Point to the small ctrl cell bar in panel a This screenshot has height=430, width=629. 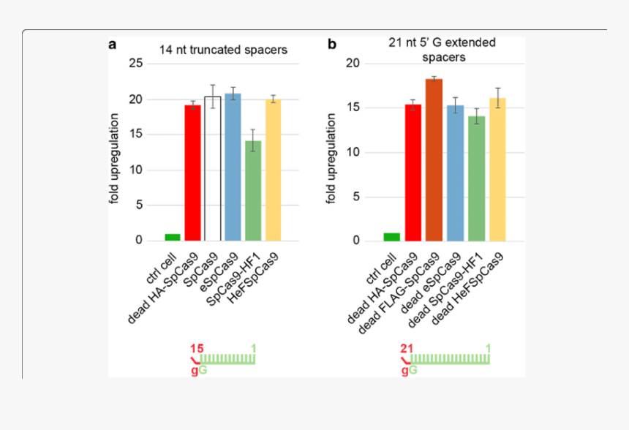pos(173,237)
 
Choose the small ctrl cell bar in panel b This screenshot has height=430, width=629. pos(392,237)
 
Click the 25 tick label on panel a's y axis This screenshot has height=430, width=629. pos(135,64)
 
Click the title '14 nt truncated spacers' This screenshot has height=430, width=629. pos(223,50)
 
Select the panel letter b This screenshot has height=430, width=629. pos(331,45)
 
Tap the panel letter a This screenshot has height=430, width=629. pos(113,45)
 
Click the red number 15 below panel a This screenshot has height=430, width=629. pos(195,349)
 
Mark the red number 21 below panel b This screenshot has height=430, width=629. pos(407,349)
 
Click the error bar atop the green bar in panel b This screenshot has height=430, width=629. pos(476,116)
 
